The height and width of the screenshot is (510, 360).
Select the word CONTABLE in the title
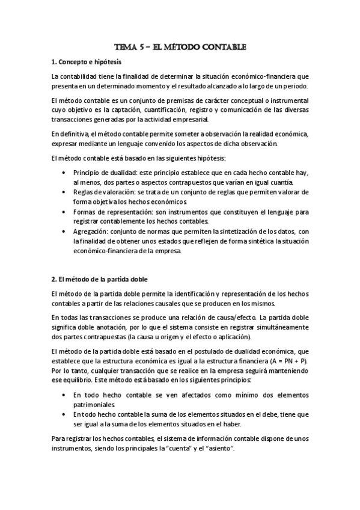point(222,46)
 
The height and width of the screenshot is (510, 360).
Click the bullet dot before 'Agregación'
point(64,231)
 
